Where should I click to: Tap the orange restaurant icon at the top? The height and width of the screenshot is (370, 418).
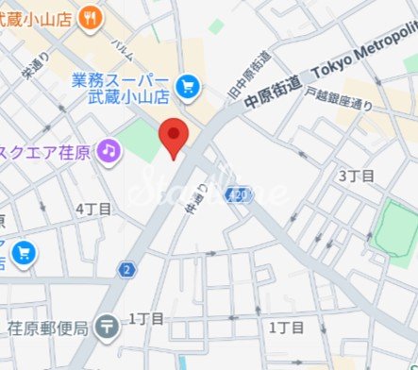tap(91, 15)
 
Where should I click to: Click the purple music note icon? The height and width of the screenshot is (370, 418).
tap(110, 150)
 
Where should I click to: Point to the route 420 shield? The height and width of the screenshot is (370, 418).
tap(241, 193)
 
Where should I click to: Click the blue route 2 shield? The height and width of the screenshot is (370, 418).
tap(125, 270)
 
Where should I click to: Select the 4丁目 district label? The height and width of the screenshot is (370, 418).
tap(93, 208)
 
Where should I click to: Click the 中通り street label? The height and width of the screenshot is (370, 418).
tap(200, 199)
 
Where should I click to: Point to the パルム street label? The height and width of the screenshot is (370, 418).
tap(121, 46)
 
